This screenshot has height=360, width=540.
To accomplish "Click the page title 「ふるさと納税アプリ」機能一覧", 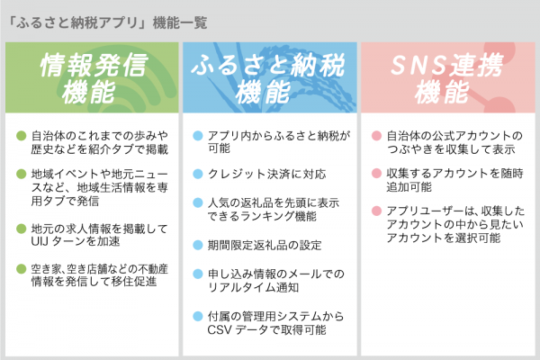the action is tap(107, 23).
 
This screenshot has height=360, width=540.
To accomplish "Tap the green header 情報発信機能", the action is tap(92, 78).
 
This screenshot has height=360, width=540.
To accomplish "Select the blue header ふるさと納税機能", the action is tap(268, 78).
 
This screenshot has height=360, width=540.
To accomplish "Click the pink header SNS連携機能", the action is tap(446, 78).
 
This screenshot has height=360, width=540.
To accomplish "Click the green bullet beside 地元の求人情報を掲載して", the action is tap(22, 229).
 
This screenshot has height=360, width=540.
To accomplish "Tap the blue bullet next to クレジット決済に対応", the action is tap(198, 174).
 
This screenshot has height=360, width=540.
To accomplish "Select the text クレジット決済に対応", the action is tap(266, 174).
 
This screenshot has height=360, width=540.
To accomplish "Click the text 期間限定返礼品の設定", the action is tap(265, 246).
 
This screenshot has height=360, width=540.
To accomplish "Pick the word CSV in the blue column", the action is tap(219, 329).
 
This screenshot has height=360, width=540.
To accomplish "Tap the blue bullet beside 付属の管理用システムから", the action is tap(198, 316).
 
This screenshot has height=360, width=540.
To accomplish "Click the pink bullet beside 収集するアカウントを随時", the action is tap(376, 174).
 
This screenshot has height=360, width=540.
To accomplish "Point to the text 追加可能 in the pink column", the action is tap(409, 187).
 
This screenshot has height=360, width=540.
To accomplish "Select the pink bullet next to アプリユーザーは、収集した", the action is tap(376, 211).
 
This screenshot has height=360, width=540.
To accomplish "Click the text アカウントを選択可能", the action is tap(443, 238).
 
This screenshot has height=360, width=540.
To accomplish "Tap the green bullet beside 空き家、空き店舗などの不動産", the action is tap(22, 269).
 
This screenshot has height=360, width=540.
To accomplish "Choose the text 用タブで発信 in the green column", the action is tap(65, 201).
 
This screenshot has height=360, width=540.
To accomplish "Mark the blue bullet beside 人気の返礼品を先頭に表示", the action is tap(198, 202).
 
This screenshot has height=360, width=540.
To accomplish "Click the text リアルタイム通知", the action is tap(253, 287).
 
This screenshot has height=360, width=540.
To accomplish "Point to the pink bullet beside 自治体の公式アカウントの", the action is tap(376, 136).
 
